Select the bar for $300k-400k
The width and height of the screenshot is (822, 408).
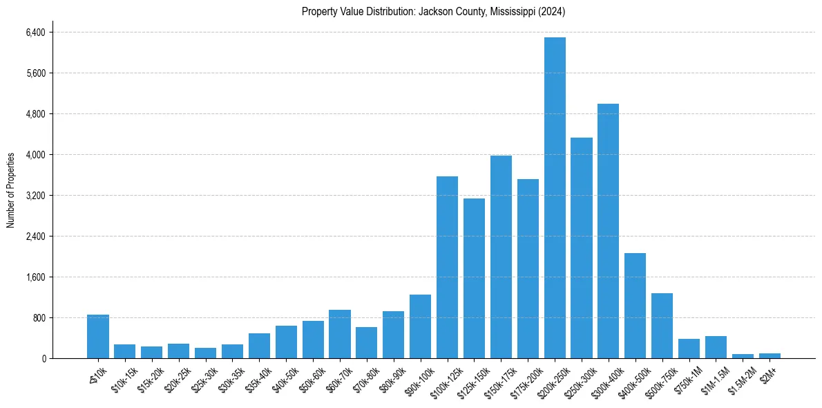tap(608, 231)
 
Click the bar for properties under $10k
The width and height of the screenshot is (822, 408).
tap(98, 337)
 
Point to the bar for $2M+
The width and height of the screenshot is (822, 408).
tap(770, 355)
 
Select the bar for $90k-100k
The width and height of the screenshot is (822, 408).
tap(420, 326)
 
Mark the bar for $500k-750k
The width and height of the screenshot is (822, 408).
tap(662, 326)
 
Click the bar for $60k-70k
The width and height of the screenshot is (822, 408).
tap(339, 334)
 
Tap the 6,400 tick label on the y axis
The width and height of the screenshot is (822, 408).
tap(35, 33)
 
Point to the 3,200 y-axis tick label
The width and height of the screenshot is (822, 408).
tap(35, 196)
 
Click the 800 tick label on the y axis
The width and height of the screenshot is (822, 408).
tap(38, 318)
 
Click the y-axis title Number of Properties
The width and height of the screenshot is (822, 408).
tap(11, 190)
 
